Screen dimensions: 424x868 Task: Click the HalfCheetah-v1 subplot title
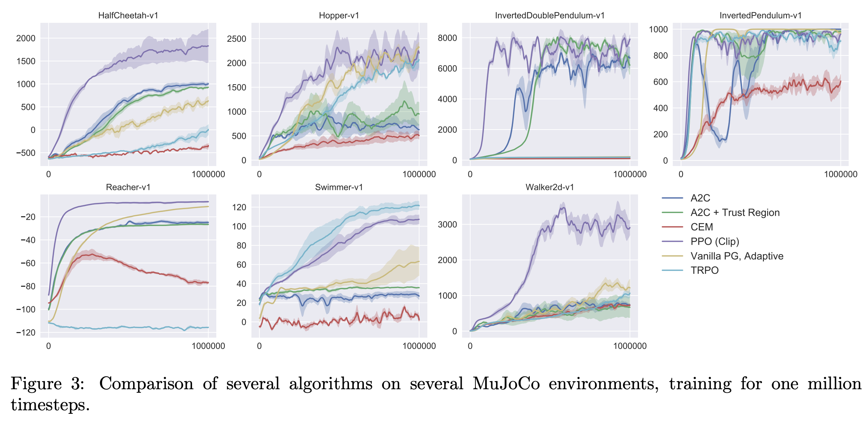tap(128, 15)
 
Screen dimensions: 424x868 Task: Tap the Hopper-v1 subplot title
tap(339, 15)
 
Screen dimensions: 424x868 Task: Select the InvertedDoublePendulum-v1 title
tap(550, 15)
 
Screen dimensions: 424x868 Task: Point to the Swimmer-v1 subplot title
tap(339, 187)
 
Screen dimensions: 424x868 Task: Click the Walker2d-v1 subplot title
tap(550, 187)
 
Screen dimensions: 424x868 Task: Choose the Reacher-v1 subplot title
tap(128, 187)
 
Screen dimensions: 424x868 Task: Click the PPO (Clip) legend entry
tap(715, 241)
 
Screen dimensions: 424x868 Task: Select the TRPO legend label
tap(704, 270)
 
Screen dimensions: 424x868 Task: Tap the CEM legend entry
tap(702, 227)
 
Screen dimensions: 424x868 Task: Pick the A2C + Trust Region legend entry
tap(735, 213)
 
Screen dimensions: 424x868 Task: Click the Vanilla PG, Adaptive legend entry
tap(737, 256)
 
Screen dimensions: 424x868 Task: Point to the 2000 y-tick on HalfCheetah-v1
tap(26, 38)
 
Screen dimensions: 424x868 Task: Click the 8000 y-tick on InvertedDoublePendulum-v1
tap(447, 38)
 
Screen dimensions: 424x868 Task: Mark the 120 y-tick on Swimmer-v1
tap(239, 207)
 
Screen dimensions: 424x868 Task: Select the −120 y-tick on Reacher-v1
tap(26, 332)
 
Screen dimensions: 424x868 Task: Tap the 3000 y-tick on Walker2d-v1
tap(447, 225)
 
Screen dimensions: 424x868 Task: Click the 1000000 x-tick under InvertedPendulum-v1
tap(840, 174)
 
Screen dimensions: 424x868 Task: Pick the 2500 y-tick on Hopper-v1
tap(237, 39)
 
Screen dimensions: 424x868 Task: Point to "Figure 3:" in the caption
tap(47, 383)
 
